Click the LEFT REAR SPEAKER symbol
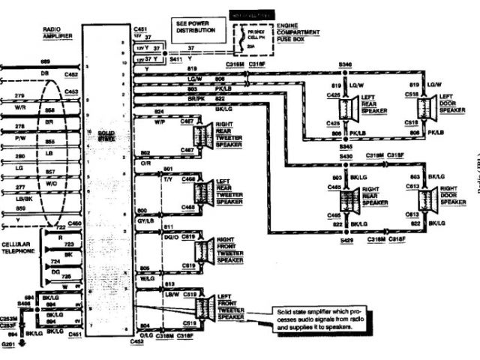[346, 109]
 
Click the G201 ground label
[9, 343]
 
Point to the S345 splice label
[345, 146]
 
